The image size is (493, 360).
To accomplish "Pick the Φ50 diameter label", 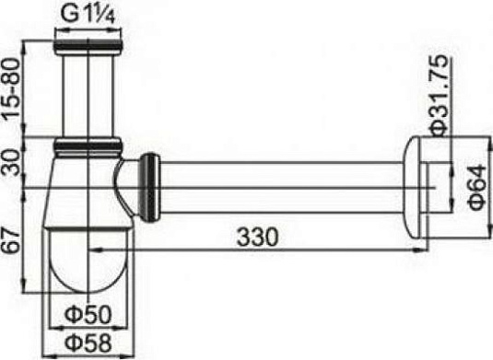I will pyautogui.click(x=90, y=316).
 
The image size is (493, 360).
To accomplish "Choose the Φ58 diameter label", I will pyautogui.click(x=90, y=343).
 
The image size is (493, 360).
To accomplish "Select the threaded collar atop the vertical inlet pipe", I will pyautogui.click(x=90, y=42).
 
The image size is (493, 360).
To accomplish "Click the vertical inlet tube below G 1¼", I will pyautogui.click(x=90, y=92).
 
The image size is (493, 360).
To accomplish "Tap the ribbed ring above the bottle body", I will pyautogui.click(x=90, y=145).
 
